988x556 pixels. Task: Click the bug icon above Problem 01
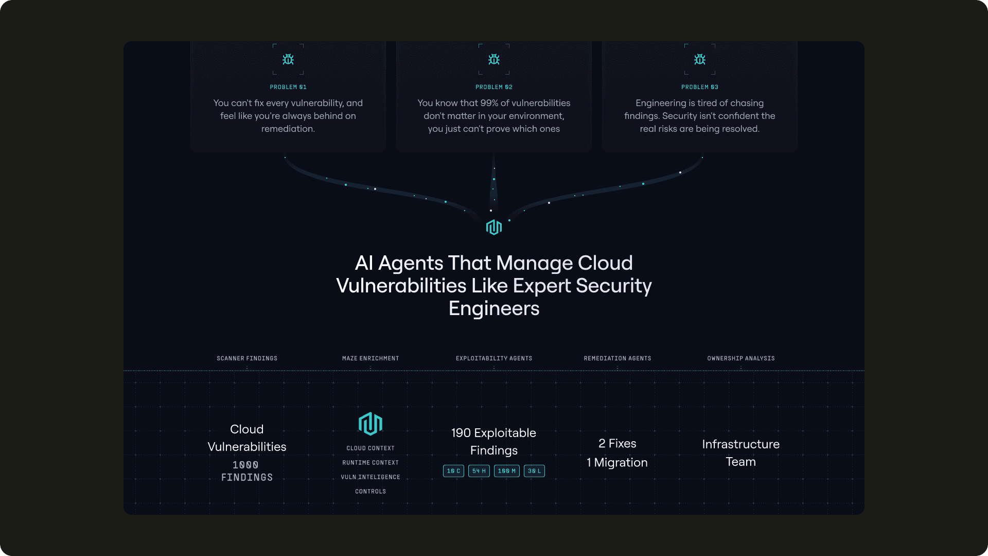click(288, 60)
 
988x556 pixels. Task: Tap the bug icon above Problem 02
click(494, 60)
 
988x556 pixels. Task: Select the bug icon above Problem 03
click(700, 60)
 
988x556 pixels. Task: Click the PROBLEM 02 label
click(494, 87)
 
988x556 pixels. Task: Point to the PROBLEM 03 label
click(700, 87)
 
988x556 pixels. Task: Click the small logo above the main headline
click(494, 227)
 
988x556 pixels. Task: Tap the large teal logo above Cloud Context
click(370, 424)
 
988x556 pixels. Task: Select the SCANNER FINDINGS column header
click(247, 358)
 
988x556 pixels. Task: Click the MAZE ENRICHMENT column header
click(370, 358)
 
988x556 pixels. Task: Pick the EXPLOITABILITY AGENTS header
click(494, 358)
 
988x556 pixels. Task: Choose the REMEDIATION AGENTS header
click(617, 358)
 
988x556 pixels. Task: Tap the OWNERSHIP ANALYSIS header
click(741, 358)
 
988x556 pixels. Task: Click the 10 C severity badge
click(453, 471)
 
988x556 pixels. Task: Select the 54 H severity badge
click(479, 471)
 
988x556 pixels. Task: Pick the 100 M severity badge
click(507, 471)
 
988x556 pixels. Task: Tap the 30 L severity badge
click(534, 471)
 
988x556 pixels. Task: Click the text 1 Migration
click(617, 462)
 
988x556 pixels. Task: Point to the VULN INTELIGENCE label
click(370, 477)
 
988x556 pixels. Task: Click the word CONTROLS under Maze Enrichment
click(370, 492)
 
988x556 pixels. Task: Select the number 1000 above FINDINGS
click(245, 465)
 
